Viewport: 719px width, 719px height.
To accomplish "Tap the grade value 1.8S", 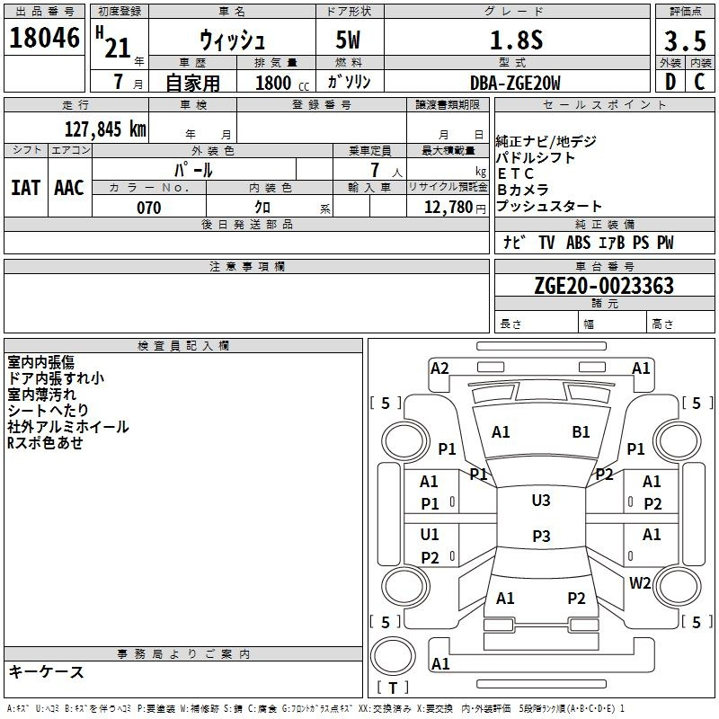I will point(515,40).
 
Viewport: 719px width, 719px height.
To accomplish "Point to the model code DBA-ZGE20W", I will point(515,83).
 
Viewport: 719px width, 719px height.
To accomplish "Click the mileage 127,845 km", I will point(105,129).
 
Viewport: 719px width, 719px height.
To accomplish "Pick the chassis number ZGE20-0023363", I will point(604,286).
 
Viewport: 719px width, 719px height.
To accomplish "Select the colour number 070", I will point(148,208).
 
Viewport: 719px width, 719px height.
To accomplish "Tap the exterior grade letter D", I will point(670,82).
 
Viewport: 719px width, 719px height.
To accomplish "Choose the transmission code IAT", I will point(25,187).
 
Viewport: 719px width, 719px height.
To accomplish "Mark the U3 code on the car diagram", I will point(541,501).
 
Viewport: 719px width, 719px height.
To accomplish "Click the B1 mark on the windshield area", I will point(581,432).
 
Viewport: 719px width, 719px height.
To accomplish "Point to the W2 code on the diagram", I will point(640,582).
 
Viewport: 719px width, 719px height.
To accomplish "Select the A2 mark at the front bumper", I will point(439,368).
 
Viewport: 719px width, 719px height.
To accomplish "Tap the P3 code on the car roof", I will point(541,537).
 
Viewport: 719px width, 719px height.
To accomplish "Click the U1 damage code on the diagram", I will point(430,535).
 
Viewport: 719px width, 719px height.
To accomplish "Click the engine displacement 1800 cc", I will point(280,83).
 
